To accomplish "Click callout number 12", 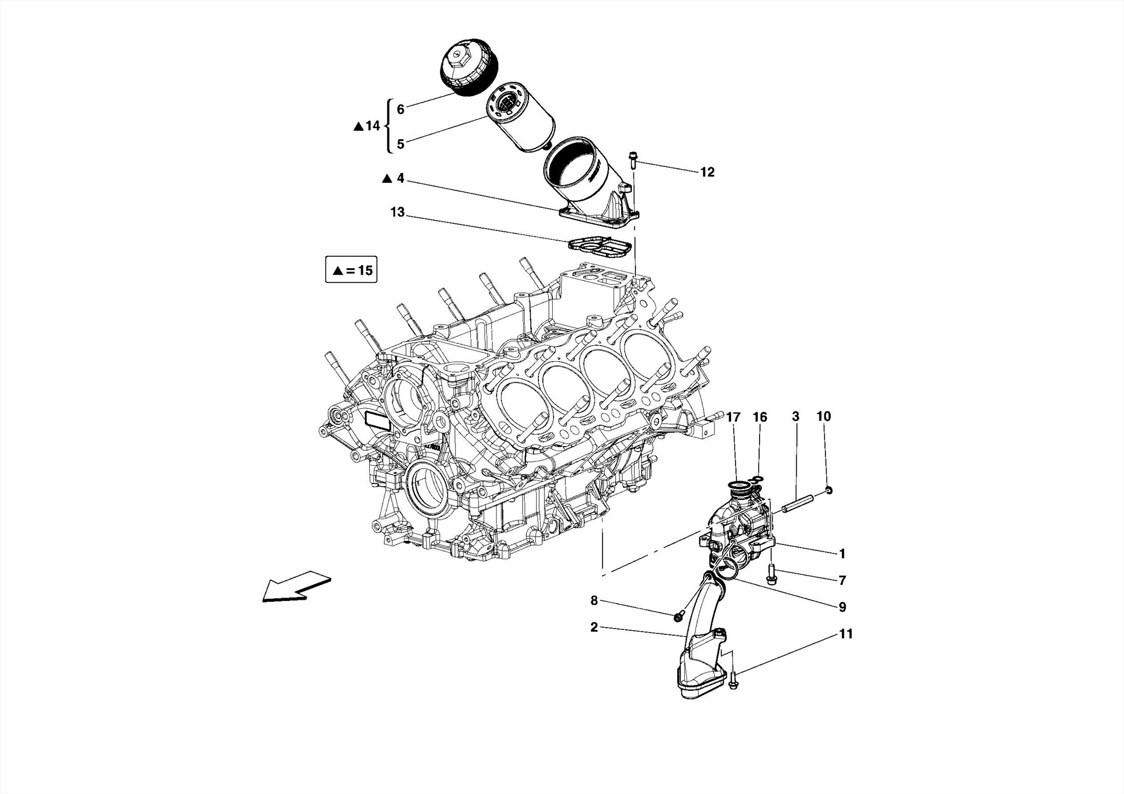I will pyautogui.click(x=707, y=172).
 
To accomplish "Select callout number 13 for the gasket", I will pyautogui.click(x=397, y=212).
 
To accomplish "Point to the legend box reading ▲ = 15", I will pyautogui.click(x=351, y=270).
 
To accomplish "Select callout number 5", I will pyautogui.click(x=401, y=144).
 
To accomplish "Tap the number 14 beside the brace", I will pyautogui.click(x=373, y=126).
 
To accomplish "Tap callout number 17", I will pyautogui.click(x=733, y=417).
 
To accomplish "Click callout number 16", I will pyautogui.click(x=760, y=417).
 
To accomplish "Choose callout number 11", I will pyautogui.click(x=846, y=634).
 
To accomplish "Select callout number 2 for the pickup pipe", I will pyautogui.click(x=594, y=627).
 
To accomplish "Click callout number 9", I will pyautogui.click(x=842, y=607).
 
